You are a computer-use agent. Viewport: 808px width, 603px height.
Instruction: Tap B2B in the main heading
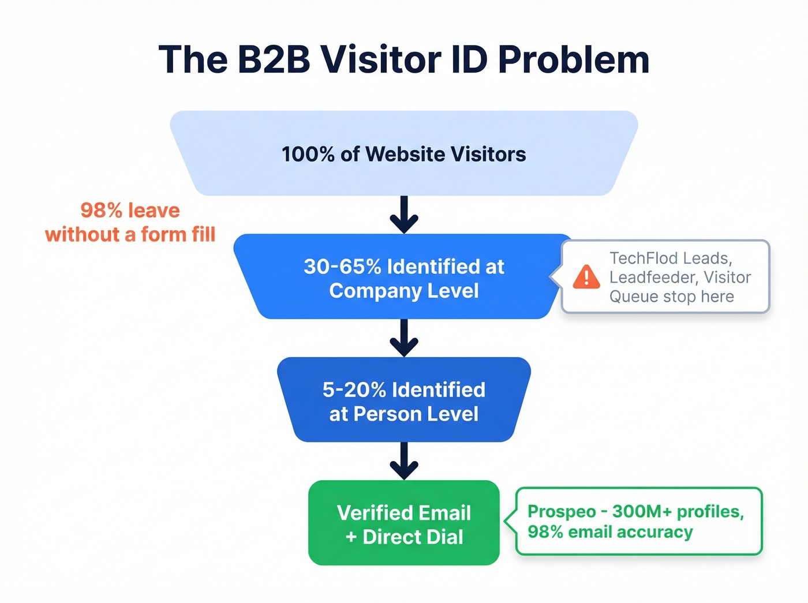click(274, 59)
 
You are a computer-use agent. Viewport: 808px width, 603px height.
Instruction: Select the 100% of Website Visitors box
click(404, 153)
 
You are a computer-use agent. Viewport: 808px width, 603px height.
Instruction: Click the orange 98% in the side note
click(101, 211)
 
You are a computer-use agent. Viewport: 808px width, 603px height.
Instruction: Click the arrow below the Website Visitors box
click(404, 215)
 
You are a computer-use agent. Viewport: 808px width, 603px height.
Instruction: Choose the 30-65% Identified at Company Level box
click(404, 278)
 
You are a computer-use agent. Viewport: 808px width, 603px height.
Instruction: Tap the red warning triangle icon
click(586, 277)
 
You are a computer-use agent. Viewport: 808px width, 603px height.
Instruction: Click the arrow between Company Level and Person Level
click(404, 338)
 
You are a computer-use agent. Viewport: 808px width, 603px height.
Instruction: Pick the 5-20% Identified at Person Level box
click(404, 401)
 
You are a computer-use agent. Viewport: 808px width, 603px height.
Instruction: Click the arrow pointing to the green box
click(404, 461)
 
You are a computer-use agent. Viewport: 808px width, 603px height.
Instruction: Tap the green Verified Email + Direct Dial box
click(404, 523)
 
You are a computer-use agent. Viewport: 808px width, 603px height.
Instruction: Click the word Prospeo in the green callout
click(562, 512)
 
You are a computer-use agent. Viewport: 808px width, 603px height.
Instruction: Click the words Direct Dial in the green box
click(413, 537)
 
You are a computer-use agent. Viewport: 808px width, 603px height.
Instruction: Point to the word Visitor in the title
click(381, 59)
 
